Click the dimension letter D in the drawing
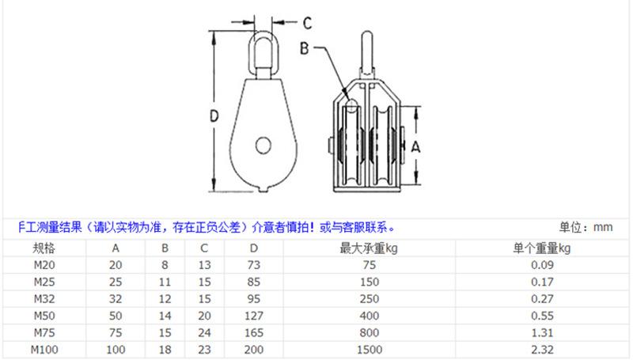coord(213,116)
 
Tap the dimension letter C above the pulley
coord(309,21)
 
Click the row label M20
coord(43,265)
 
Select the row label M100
coord(43,349)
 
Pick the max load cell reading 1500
coord(371,349)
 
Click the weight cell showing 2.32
coord(542,349)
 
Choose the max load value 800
coord(371,332)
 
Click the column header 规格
coord(43,248)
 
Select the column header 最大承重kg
coord(371,248)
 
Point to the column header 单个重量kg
coord(542,248)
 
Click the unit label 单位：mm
coord(586,228)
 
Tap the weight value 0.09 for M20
coord(542,265)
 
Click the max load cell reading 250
coord(371,298)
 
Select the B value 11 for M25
coord(165,282)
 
